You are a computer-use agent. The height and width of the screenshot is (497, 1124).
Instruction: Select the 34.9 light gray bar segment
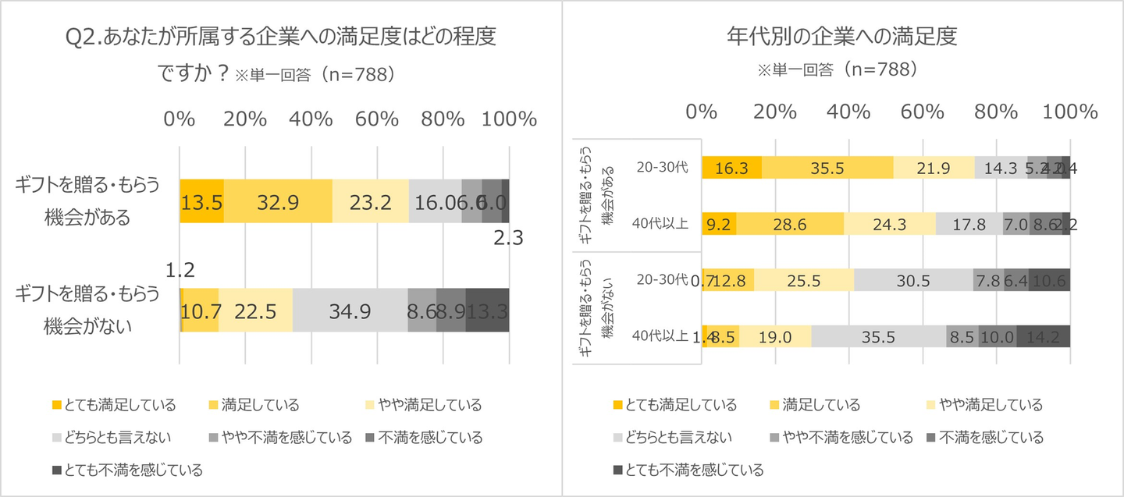coord(350,310)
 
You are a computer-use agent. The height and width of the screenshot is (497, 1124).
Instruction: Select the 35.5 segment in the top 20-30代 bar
coord(827,168)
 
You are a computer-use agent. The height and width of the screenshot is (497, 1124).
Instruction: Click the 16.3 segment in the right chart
coord(731,168)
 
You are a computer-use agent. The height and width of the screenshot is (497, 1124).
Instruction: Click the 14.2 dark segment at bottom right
coord(1044,336)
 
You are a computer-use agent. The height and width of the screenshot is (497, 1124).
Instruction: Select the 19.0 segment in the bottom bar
coord(776,336)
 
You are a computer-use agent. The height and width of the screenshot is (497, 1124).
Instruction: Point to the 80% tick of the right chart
coord(996,110)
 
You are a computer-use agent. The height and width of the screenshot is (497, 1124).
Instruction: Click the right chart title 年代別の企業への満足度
coord(841,37)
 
